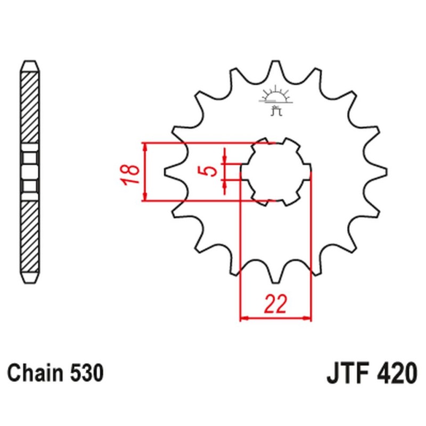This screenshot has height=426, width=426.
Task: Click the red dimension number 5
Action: tap(211, 172)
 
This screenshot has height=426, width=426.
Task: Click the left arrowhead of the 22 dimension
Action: tap(244, 318)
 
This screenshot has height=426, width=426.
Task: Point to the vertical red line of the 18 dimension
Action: tap(144, 172)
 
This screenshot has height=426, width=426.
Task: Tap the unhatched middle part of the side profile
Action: tap(30, 172)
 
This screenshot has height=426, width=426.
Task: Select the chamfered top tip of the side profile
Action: tap(30, 64)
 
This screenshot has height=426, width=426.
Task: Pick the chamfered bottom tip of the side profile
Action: tap(30, 279)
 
